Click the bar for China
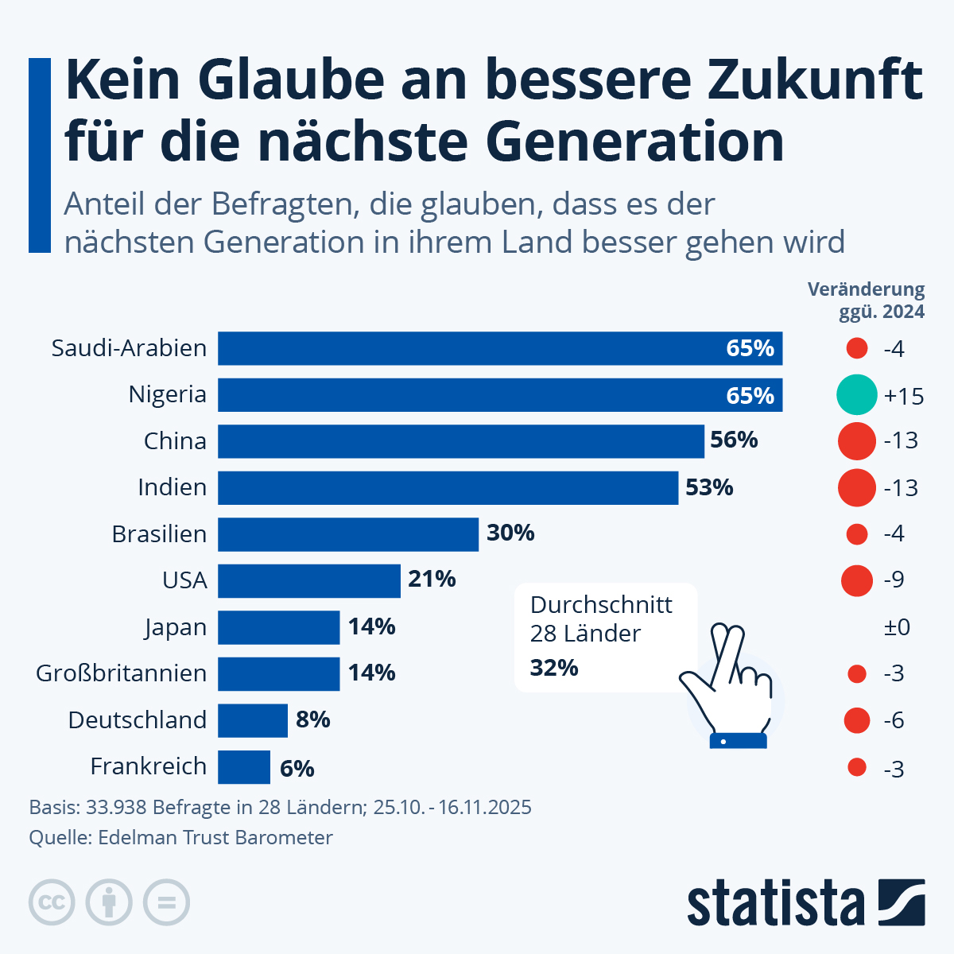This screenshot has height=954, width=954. point(461,441)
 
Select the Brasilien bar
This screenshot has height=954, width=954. point(348,534)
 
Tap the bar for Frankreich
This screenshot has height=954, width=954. point(244,767)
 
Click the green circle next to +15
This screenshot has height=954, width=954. point(857,395)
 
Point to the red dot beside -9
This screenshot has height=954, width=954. point(857,580)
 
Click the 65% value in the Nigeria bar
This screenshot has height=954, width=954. point(750,395)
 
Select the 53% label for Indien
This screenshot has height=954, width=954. point(709,487)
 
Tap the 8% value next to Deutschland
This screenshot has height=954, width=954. point(312,720)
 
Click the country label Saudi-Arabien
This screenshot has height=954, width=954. point(129,348)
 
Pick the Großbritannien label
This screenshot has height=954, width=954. point(121,673)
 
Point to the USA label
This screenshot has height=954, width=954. point(184,580)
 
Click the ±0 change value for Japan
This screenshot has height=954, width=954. point(897,627)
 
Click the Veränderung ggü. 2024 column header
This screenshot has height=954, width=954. point(867,300)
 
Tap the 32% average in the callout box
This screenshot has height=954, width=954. point(554,668)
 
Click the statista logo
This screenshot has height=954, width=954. point(805,903)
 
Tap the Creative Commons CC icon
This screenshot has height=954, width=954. point(52,903)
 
